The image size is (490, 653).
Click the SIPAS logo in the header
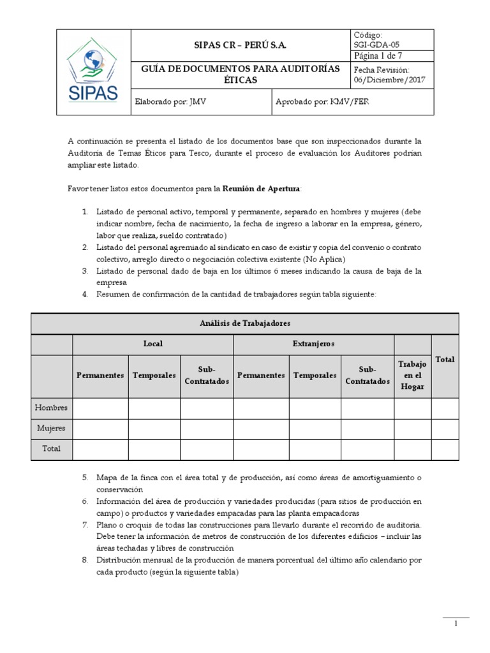click(x=93, y=72)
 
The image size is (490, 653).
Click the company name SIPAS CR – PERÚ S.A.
click(x=240, y=45)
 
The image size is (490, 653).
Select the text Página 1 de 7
click(x=378, y=56)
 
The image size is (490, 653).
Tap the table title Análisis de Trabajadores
click(x=244, y=323)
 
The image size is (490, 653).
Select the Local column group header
click(x=152, y=344)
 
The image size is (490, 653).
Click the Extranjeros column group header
click(x=313, y=344)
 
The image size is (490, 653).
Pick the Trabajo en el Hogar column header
click(x=412, y=375)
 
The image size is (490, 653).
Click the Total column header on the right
click(x=445, y=360)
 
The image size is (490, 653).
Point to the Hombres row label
click(x=52, y=407)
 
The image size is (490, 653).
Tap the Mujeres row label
click(x=52, y=428)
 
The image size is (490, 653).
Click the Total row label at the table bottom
click(x=52, y=448)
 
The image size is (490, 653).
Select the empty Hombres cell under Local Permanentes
click(x=100, y=407)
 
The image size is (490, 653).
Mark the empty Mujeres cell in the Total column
click(x=445, y=428)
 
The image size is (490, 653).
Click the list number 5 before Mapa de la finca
click(x=85, y=477)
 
